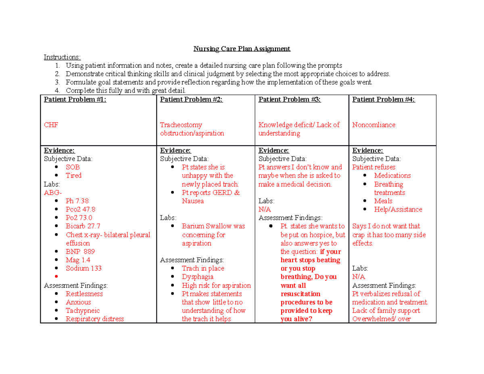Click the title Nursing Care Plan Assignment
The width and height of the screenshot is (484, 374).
coord(242,49)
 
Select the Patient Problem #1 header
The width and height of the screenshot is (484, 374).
coord(75,100)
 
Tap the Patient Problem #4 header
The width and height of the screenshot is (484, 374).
coord(384,100)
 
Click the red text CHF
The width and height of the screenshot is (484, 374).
coord(51,125)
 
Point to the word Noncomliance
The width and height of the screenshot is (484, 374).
coord(373,125)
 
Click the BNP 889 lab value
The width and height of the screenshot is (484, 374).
coord(80,251)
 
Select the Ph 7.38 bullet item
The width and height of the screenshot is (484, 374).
coord(77,201)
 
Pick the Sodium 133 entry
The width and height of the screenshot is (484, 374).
coord(83,268)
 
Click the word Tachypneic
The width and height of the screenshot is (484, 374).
coord(83,311)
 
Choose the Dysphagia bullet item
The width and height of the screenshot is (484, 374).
coord(198,277)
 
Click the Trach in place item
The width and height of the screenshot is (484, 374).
coord(203,268)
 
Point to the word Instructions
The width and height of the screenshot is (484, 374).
coord(62,57)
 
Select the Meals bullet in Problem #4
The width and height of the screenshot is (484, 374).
coord(383,201)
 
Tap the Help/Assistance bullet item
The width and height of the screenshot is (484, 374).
coord(398,209)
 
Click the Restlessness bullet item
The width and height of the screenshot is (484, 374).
coord(84,294)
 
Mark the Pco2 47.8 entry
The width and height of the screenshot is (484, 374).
coord(81,209)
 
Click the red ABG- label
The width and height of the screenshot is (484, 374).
coord(53,192)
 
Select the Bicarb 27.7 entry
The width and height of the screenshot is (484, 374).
coord(83,226)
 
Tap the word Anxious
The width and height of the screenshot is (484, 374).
coord(78,302)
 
